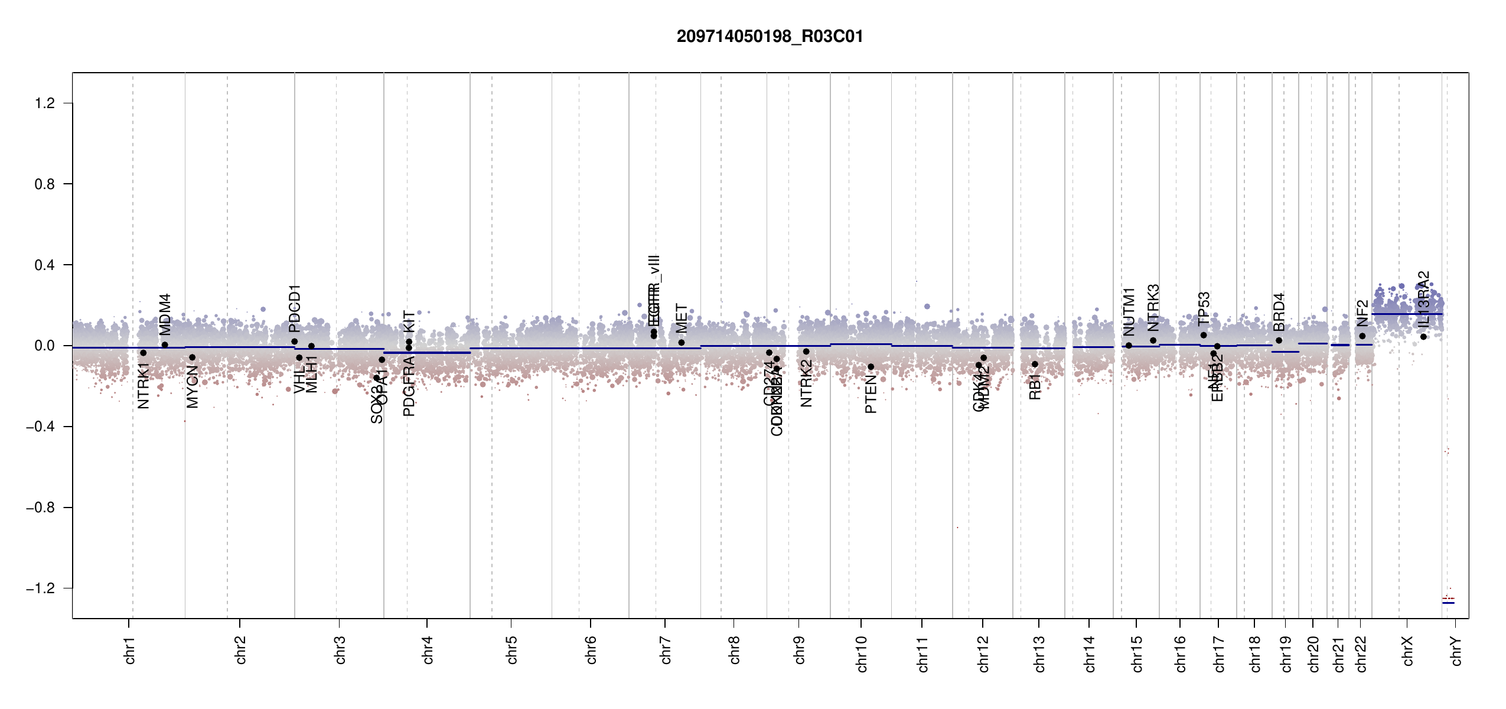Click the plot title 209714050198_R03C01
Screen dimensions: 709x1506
(770, 37)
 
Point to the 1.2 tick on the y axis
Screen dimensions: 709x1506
(44, 103)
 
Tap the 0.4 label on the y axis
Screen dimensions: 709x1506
(44, 265)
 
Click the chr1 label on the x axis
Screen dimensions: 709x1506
(130, 650)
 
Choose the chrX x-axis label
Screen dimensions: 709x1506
(1408, 651)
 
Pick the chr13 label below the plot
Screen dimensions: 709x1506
(1039, 653)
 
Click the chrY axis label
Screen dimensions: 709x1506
(1456, 651)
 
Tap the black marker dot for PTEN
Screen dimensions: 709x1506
(871, 367)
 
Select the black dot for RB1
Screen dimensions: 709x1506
(1035, 364)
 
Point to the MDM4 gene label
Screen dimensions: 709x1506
(165, 314)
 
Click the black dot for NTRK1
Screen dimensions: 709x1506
(143, 353)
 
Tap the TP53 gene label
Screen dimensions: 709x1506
(1204, 308)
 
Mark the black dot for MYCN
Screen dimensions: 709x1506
(192, 357)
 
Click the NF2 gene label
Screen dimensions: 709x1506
(1362, 313)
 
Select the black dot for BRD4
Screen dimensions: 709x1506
(1279, 340)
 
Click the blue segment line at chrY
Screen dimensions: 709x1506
(1448, 603)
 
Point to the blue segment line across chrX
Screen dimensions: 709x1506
(1407, 314)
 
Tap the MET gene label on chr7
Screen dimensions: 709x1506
(682, 318)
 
